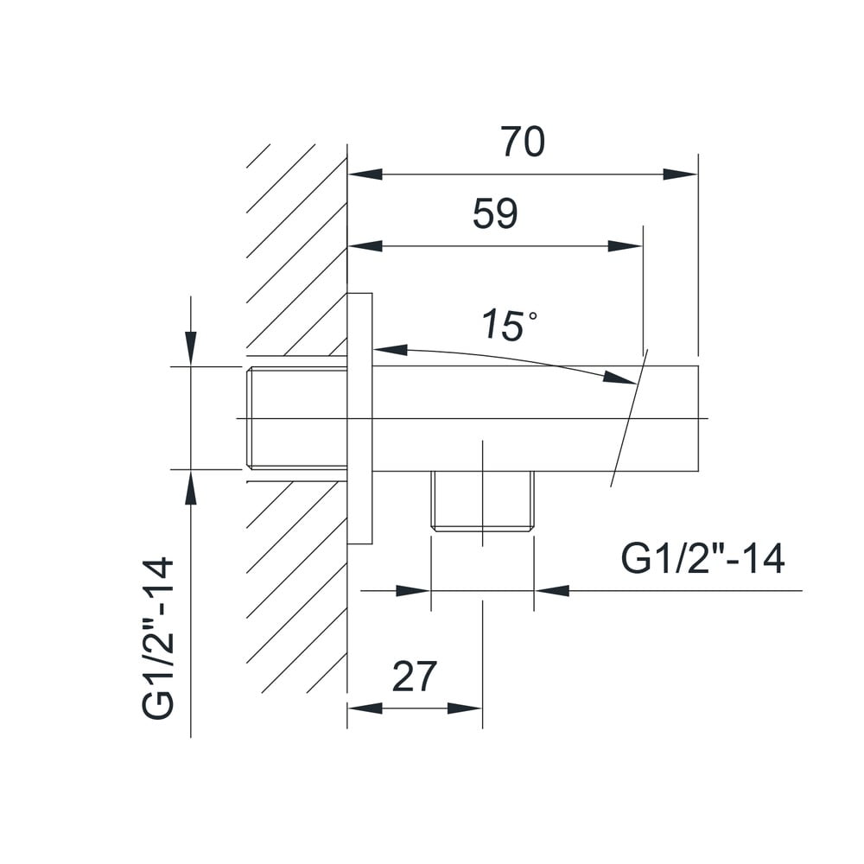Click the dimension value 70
[x=523, y=142]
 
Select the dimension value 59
[x=495, y=213]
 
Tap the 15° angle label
[x=509, y=325]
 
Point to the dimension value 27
[x=415, y=677]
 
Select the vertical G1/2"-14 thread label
[x=158, y=638]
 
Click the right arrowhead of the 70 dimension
[x=681, y=175]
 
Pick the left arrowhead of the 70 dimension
[x=365, y=175]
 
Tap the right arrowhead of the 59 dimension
[x=626, y=245]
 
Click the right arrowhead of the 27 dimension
[x=465, y=708]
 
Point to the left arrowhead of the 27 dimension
[x=365, y=708]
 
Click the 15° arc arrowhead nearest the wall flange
[x=391, y=349]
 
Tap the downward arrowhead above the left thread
[x=191, y=347]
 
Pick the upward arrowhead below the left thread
[x=191, y=486]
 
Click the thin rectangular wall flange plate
[x=359, y=419]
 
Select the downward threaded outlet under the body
[x=482, y=501]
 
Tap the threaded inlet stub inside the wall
[x=296, y=418]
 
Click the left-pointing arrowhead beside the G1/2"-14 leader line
[x=552, y=591]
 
